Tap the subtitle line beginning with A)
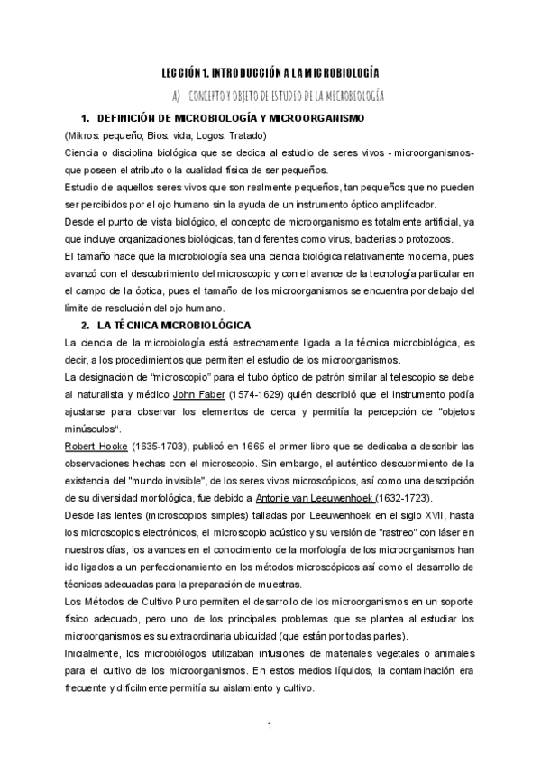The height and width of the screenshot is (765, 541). click(x=280, y=95)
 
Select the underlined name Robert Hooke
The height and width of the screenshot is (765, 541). click(x=87, y=447)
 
